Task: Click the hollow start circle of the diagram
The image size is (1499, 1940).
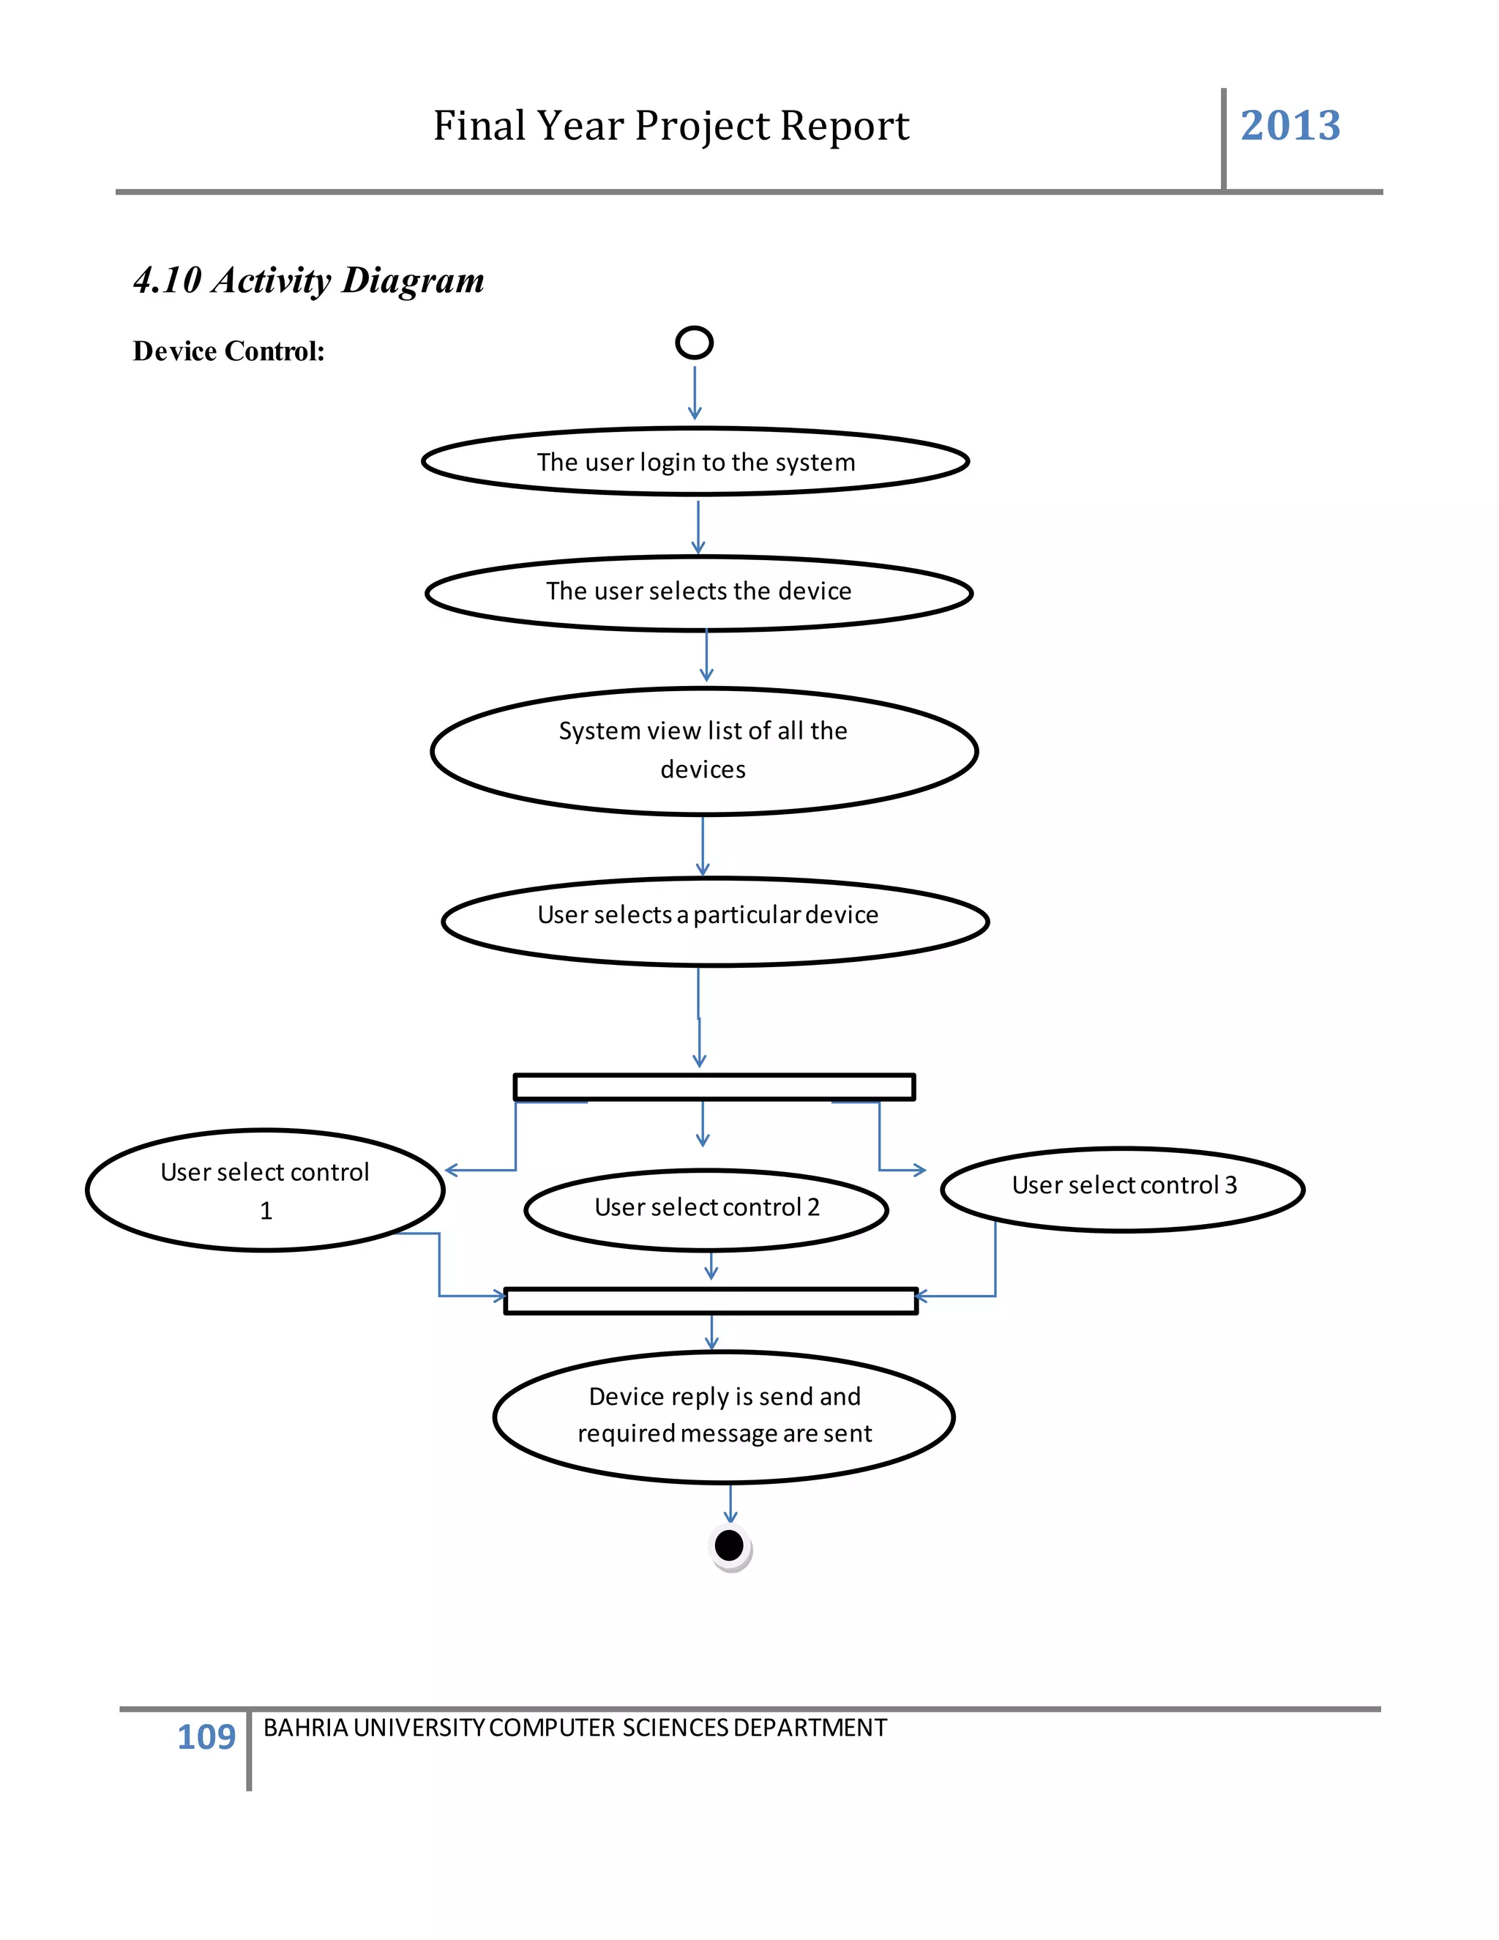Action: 695,342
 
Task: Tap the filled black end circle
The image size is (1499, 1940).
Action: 729,1545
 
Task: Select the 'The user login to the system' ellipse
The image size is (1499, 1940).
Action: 695,462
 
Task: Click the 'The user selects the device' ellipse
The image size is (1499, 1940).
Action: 699,592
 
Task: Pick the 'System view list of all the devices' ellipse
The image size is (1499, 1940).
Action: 704,750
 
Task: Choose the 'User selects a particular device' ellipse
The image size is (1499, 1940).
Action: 715,921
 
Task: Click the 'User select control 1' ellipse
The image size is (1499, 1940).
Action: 265,1190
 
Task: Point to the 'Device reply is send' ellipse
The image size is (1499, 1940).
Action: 724,1417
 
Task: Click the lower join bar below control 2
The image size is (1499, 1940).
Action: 711,1300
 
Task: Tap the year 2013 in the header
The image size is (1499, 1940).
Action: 1290,125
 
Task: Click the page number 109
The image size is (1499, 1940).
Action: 206,1736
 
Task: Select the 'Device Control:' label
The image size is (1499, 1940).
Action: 228,351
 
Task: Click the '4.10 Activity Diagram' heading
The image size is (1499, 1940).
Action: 308,280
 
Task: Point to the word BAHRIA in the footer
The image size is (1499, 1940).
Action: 305,1728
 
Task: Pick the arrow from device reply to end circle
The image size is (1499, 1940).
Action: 730,1503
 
